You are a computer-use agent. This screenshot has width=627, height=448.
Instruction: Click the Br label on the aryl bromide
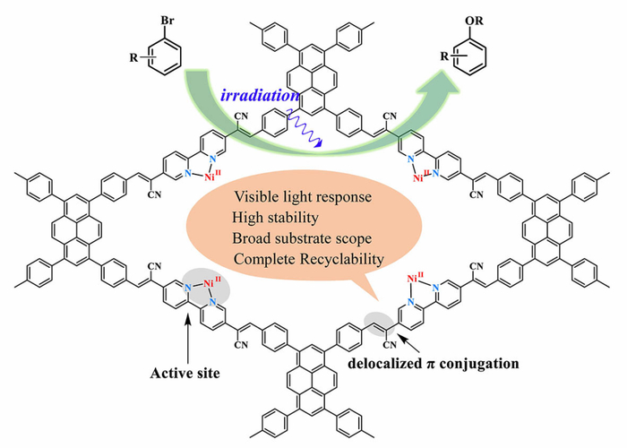167,21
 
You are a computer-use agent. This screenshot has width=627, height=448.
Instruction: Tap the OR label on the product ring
475,21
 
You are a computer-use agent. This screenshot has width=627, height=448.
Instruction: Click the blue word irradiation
260,96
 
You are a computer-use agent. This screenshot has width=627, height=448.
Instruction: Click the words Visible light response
303,197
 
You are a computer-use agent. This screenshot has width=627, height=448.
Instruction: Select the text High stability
276,218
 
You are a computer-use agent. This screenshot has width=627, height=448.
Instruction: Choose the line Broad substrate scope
302,238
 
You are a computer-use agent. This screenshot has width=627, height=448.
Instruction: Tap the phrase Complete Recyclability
309,259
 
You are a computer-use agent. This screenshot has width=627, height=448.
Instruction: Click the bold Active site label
185,374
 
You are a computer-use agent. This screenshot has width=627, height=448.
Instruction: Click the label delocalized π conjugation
433,364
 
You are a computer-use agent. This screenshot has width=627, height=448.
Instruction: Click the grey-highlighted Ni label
210,284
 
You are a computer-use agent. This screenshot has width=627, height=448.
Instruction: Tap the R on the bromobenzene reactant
133,58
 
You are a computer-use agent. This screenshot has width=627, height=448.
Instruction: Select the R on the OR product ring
444,56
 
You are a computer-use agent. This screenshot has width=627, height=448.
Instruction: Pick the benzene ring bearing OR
472,56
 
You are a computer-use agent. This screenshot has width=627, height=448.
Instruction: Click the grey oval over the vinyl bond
379,324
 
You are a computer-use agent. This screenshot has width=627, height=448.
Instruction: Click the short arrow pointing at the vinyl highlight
409,343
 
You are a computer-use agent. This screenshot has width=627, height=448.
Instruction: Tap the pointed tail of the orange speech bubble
376,298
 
